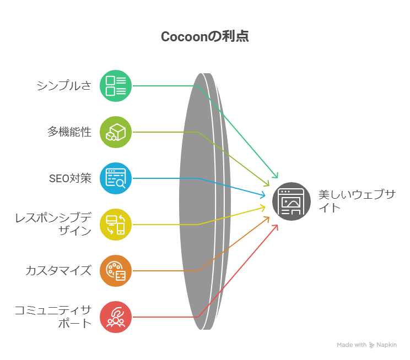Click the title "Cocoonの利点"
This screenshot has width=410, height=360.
tap(204, 36)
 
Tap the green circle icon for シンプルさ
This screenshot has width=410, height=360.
tap(116, 86)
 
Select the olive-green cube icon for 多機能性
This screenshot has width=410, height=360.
tap(116, 132)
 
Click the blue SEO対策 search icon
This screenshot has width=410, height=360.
tap(116, 178)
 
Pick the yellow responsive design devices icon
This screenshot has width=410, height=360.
tap(116, 225)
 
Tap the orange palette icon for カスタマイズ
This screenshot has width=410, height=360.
tap(116, 271)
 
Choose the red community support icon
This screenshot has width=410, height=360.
tap(116, 317)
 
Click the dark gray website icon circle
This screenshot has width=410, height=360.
tap(292, 201)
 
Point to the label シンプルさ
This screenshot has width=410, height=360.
tap(64, 86)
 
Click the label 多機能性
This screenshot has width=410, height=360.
tap(69, 132)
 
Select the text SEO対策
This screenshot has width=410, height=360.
tap(70, 178)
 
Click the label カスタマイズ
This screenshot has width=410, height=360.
tap(58, 271)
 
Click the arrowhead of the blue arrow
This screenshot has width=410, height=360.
tap(265, 194)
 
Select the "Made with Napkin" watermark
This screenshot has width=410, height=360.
tap(366, 345)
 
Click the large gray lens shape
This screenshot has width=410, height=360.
tap(198, 201)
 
